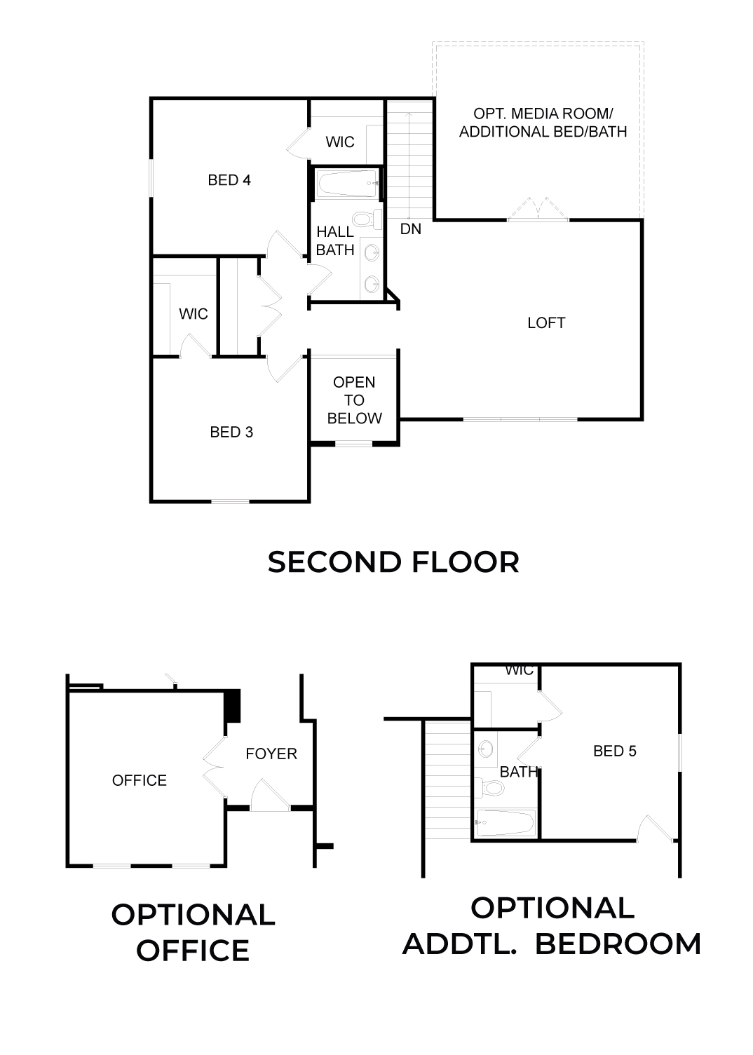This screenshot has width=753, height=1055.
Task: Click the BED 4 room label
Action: tap(229, 180)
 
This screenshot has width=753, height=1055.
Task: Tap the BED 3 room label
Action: tap(231, 432)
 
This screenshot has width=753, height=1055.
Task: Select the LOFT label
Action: tap(546, 322)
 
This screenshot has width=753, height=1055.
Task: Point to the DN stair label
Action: tap(411, 229)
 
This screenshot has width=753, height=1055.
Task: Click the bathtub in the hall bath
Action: tap(348, 183)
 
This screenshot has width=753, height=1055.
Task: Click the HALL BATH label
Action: tap(335, 240)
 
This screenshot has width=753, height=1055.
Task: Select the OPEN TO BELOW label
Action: tap(354, 400)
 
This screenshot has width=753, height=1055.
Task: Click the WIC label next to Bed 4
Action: tap(340, 142)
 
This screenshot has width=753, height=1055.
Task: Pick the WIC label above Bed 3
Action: tap(194, 313)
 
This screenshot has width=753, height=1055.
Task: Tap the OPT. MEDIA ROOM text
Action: tap(543, 114)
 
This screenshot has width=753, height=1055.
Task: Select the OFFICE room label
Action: tap(140, 780)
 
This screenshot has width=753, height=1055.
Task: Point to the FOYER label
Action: tap(271, 754)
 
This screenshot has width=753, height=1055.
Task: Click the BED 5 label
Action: tap(615, 751)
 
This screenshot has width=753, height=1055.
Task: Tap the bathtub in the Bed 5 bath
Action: tap(506, 823)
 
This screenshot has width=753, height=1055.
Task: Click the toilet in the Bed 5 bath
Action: tap(490, 787)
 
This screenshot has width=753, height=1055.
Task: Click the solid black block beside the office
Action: tap(232, 705)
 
